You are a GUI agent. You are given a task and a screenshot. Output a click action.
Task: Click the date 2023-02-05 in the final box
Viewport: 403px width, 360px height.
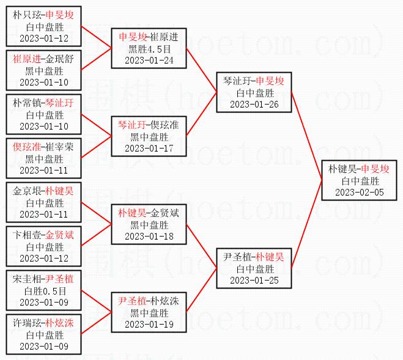click(x=360, y=192)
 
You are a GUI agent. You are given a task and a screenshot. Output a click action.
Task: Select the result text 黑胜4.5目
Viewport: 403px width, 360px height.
click(x=149, y=49)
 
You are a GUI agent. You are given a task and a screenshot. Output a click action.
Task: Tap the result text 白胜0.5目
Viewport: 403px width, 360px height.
click(x=45, y=291)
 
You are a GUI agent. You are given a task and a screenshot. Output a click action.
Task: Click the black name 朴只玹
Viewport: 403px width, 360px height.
click(x=27, y=15)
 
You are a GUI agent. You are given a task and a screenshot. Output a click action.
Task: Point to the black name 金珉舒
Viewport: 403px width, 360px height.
click(x=59, y=59)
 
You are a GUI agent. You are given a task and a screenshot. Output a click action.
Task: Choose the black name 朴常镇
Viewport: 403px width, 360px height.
click(x=27, y=103)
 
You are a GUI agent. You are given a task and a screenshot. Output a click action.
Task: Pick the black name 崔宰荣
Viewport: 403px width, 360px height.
click(x=59, y=147)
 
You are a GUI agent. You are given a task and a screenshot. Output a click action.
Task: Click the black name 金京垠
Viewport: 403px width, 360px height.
click(x=27, y=191)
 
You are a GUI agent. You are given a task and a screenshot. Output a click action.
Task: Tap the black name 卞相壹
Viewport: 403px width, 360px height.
click(x=27, y=235)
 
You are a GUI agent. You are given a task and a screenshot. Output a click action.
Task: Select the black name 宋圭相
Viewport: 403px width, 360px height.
click(x=27, y=279)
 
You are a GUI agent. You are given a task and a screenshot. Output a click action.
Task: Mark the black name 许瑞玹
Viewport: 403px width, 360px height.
click(x=27, y=323)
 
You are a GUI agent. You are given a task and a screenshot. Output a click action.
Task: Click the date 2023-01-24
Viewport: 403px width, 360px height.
click(x=149, y=61)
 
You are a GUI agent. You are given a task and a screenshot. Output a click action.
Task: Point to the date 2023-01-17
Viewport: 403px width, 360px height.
click(x=149, y=149)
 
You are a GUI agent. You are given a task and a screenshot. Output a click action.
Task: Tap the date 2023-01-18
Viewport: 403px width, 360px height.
click(x=149, y=236)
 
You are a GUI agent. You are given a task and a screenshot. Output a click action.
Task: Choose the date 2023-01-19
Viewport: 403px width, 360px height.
click(x=149, y=325)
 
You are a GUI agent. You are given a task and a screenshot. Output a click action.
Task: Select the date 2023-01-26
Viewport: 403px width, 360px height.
click(x=254, y=105)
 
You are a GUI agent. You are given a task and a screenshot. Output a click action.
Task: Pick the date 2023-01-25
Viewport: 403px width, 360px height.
click(x=254, y=280)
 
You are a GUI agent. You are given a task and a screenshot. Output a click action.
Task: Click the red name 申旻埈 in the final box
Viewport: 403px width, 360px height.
click(x=375, y=169)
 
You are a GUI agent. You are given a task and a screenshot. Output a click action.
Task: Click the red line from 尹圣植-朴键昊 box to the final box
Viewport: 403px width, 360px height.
click(x=306, y=224)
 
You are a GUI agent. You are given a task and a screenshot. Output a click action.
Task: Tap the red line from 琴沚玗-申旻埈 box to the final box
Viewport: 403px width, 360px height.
click(x=306, y=136)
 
